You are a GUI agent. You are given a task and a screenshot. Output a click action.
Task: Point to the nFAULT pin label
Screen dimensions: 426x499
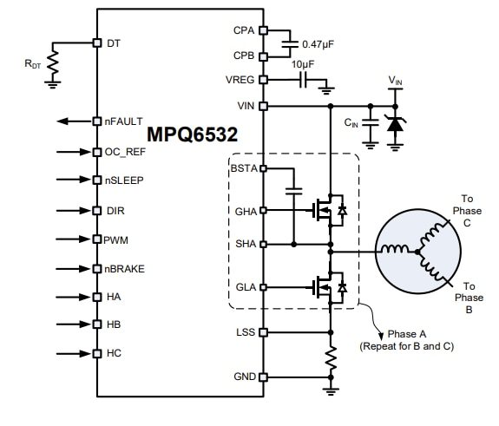[x=123, y=121]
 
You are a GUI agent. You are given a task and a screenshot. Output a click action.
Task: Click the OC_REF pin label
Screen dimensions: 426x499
[x=126, y=152]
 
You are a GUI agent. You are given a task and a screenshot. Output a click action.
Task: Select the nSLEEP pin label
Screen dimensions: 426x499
[x=124, y=180]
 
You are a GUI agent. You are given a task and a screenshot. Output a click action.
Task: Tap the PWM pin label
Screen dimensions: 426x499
[x=116, y=239]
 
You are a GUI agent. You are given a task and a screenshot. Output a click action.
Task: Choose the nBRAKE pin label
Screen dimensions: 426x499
[x=126, y=268]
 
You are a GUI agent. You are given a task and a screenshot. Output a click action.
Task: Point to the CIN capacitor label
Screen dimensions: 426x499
[x=351, y=123]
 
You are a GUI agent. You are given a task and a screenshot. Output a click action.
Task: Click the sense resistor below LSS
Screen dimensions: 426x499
[x=330, y=358]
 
